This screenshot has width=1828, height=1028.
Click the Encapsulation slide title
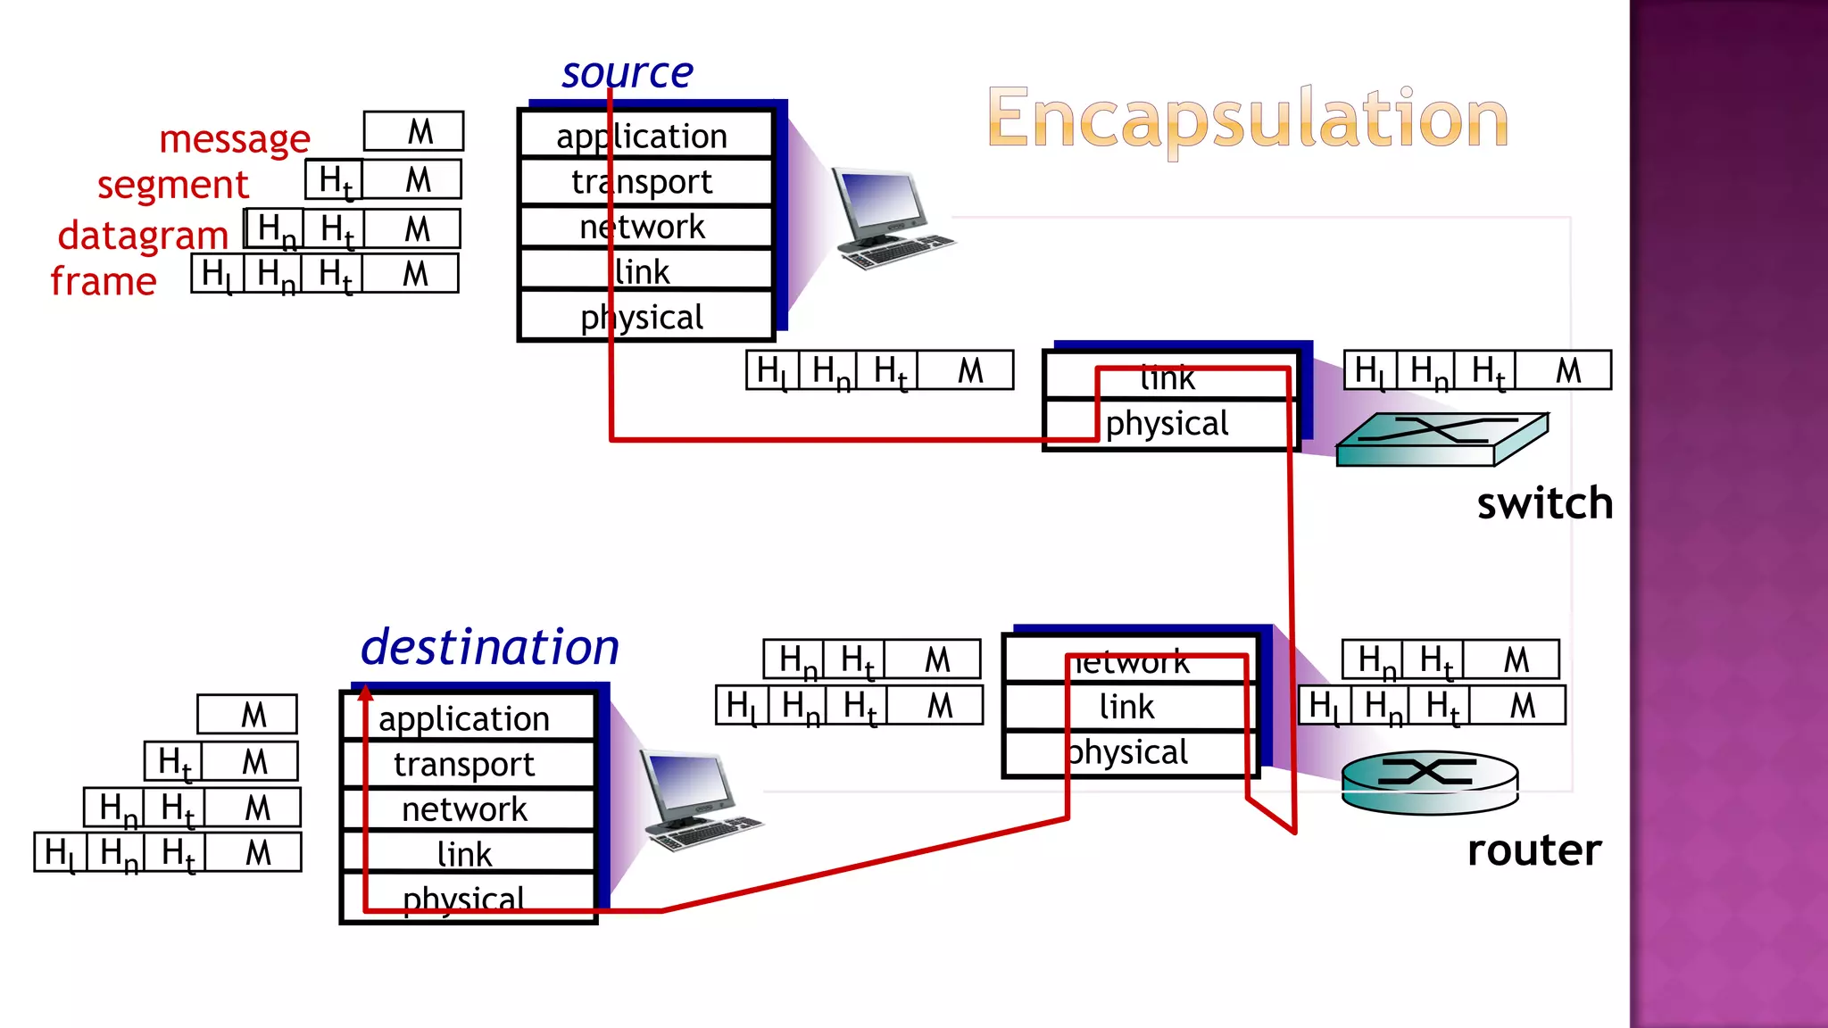coord(1247,119)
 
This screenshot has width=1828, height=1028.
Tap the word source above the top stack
coord(627,72)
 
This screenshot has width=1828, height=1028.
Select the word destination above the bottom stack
coord(489,647)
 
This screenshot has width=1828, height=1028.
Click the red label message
coord(234,139)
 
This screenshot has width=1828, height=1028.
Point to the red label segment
coord(172,185)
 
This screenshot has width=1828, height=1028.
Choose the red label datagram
coord(143,235)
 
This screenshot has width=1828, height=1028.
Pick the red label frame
coord(104,281)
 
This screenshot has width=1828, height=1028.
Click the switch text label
coord(1544,504)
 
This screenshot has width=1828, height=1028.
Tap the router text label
coord(1533,850)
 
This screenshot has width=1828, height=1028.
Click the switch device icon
coord(1441,439)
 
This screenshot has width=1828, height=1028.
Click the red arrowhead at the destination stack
coord(366,692)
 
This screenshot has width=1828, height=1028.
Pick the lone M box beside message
coord(413,131)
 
